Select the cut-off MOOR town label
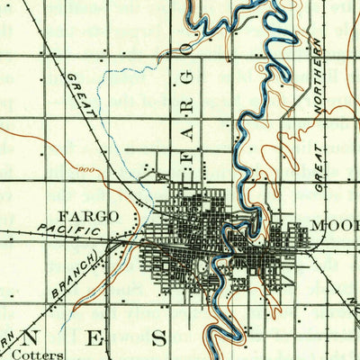(333, 222)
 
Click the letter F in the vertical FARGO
(188, 159)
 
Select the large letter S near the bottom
(159, 338)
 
